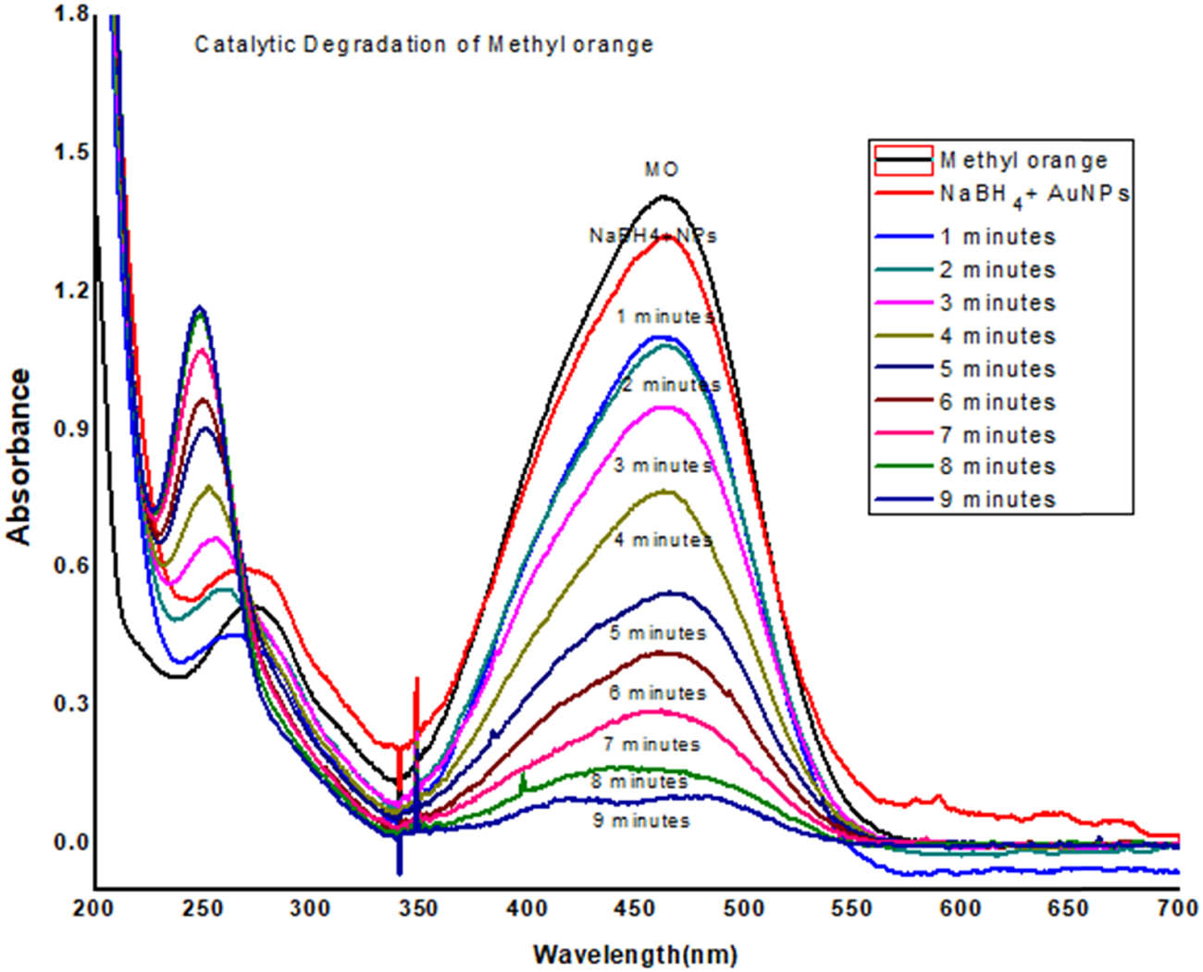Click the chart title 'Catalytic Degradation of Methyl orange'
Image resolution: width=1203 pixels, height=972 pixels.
423,44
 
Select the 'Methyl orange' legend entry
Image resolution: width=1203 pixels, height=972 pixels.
1023,160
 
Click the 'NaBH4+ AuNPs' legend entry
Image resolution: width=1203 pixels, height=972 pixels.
1034,194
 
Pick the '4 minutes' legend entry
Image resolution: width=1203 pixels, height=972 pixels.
998,336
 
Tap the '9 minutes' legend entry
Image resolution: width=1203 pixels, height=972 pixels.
998,500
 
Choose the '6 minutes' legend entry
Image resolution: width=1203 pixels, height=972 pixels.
998,403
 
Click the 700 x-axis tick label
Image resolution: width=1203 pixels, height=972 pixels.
1177,909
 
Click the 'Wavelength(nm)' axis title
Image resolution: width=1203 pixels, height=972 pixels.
635,953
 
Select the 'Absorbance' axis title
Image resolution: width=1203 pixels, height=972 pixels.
20,456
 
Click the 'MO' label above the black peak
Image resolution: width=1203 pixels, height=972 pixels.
661,169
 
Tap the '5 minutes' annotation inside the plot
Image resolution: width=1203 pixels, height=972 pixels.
658,634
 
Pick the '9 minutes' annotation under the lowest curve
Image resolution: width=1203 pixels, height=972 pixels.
641,821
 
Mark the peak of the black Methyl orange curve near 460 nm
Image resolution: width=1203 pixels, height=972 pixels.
664,196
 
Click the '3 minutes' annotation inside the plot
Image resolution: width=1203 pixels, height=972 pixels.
664,466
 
